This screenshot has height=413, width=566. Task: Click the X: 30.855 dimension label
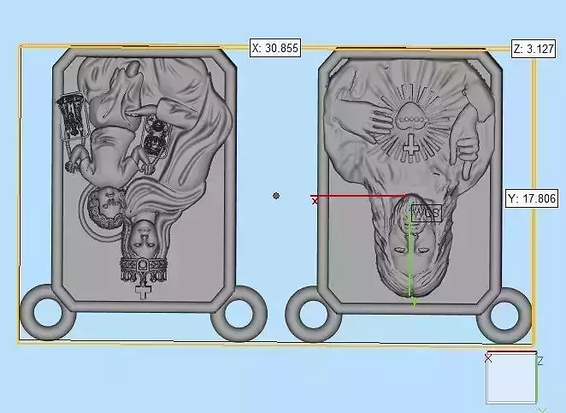(275, 48)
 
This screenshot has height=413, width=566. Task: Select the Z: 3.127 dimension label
(534, 49)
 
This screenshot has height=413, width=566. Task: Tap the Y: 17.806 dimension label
(532, 198)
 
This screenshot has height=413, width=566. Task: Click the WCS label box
(427, 214)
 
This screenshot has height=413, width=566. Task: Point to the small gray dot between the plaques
(276, 196)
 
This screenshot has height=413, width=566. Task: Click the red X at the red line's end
(315, 201)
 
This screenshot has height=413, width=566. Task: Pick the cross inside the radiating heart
(410, 145)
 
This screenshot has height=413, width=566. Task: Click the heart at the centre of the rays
(410, 115)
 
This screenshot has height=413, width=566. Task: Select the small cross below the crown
(144, 292)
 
